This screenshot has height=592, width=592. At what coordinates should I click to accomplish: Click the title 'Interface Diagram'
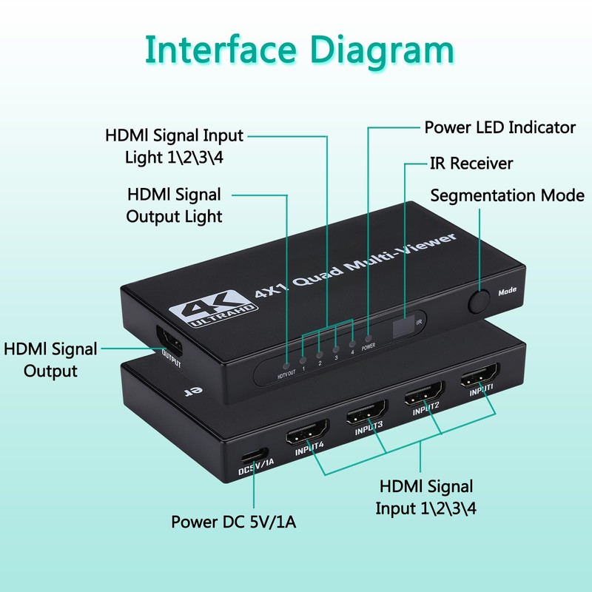click(299, 50)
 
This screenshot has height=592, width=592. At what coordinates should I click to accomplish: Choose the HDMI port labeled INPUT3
click(367, 411)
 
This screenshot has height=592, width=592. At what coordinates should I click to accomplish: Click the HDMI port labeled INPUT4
click(308, 432)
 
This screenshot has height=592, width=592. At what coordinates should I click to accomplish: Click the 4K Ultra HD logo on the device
click(209, 306)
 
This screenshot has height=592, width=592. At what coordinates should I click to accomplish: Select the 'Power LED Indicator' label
click(499, 127)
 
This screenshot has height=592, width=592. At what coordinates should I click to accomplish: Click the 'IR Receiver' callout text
click(471, 163)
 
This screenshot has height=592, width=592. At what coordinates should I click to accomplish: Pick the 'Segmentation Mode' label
click(507, 196)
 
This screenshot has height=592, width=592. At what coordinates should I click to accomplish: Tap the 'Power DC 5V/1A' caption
click(235, 522)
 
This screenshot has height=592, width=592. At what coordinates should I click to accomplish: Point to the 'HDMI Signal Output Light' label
click(174, 205)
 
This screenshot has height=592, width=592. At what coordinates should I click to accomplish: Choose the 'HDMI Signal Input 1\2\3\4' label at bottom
click(424, 497)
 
